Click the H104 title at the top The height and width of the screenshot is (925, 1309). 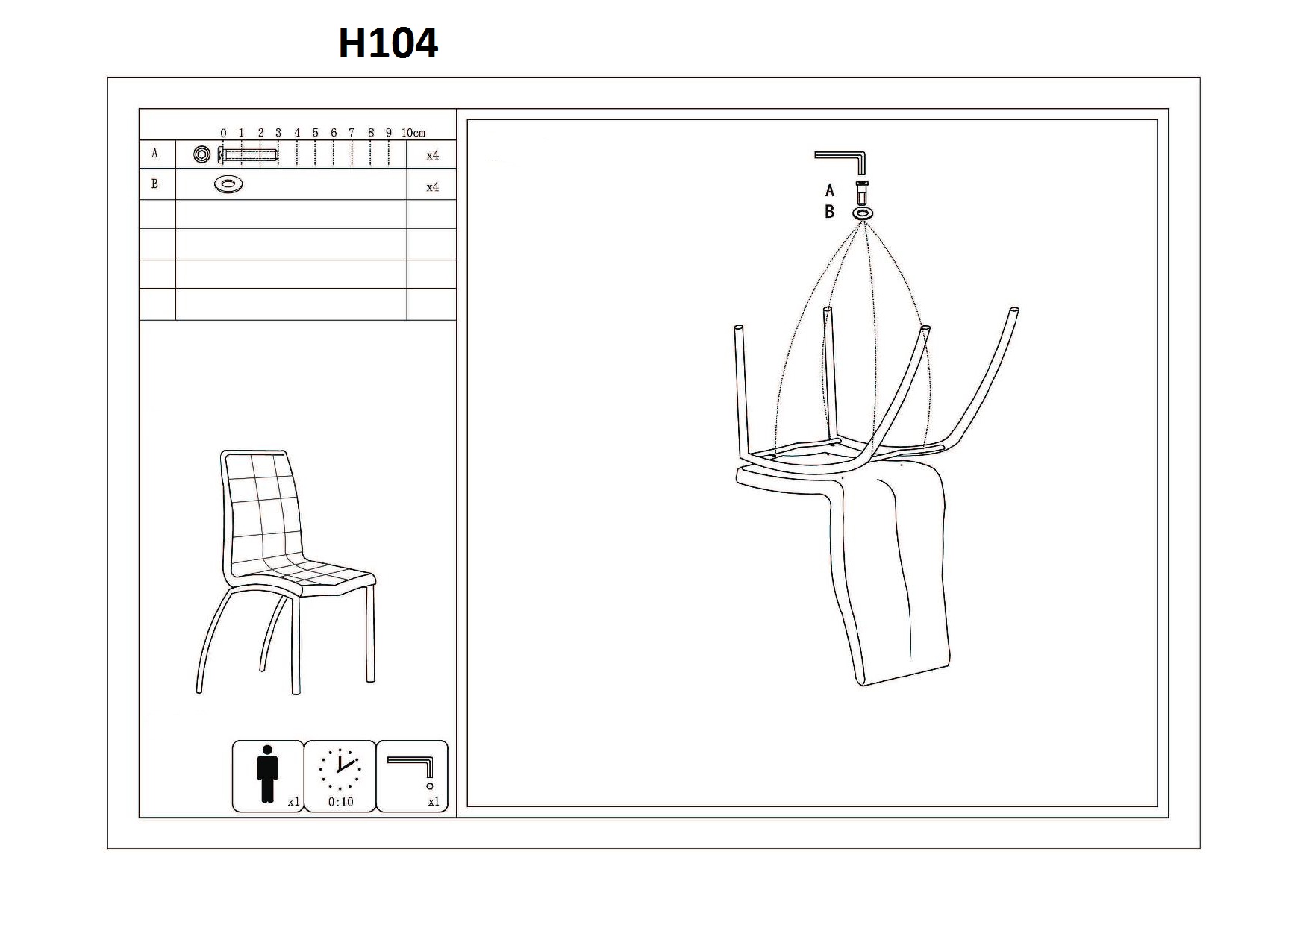tap(388, 43)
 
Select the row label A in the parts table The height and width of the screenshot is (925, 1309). tap(155, 154)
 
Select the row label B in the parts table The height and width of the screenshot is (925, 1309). tap(155, 184)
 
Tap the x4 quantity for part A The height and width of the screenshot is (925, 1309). tap(432, 156)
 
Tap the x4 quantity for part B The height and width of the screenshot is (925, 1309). tap(432, 187)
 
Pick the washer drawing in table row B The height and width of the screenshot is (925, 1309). tap(228, 184)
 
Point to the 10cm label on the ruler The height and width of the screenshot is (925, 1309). tap(413, 133)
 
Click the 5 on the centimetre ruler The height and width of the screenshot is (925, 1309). tap(315, 133)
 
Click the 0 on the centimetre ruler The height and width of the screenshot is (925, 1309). tap(223, 133)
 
